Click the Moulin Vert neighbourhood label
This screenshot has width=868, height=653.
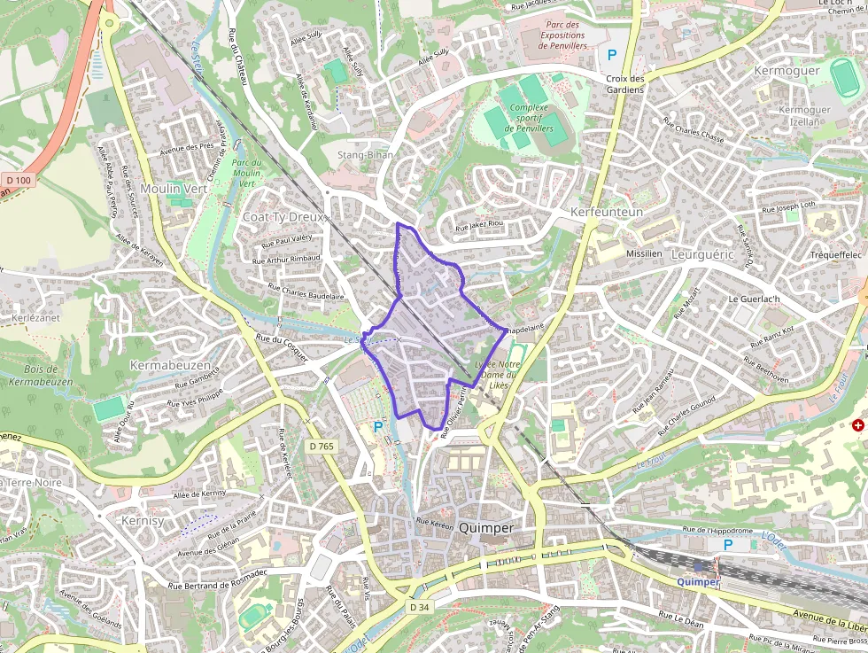click(x=173, y=189)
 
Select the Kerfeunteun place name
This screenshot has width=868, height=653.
click(x=606, y=213)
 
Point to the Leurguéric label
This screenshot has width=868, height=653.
click(x=703, y=253)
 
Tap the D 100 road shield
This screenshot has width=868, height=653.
click(x=18, y=181)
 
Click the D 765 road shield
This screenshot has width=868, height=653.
click(x=322, y=446)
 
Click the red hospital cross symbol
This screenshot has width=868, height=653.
click(x=857, y=425)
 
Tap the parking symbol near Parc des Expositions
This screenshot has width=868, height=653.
click(x=611, y=55)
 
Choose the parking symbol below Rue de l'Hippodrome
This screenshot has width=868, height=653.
click(x=728, y=545)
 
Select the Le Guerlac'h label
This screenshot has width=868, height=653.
click(x=753, y=299)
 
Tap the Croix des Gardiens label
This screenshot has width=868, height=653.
click(x=625, y=84)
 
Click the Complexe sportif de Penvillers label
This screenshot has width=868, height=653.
click(x=529, y=118)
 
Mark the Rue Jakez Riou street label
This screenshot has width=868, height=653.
click(x=478, y=226)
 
